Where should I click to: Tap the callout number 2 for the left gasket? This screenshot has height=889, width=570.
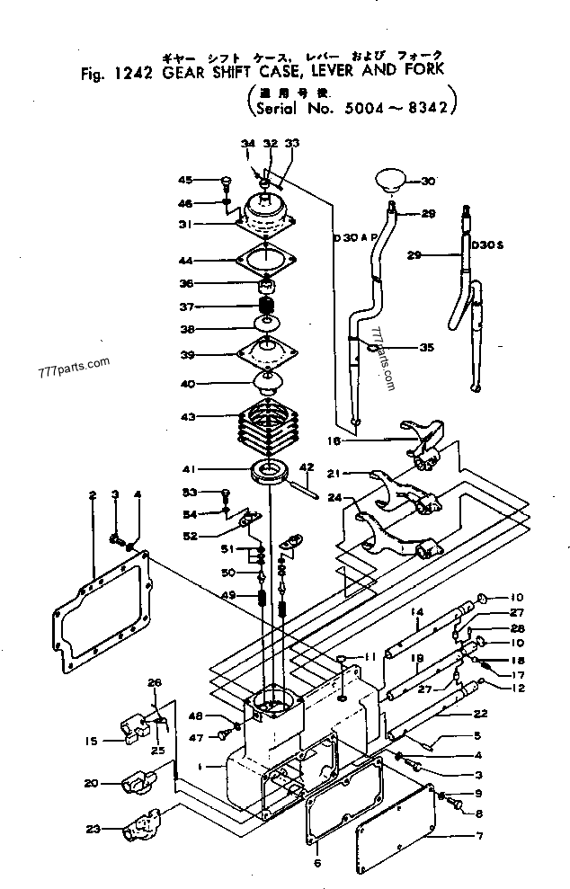click(93, 495)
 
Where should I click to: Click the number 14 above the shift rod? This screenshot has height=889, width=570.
click(417, 611)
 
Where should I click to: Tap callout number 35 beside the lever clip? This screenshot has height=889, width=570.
click(426, 346)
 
